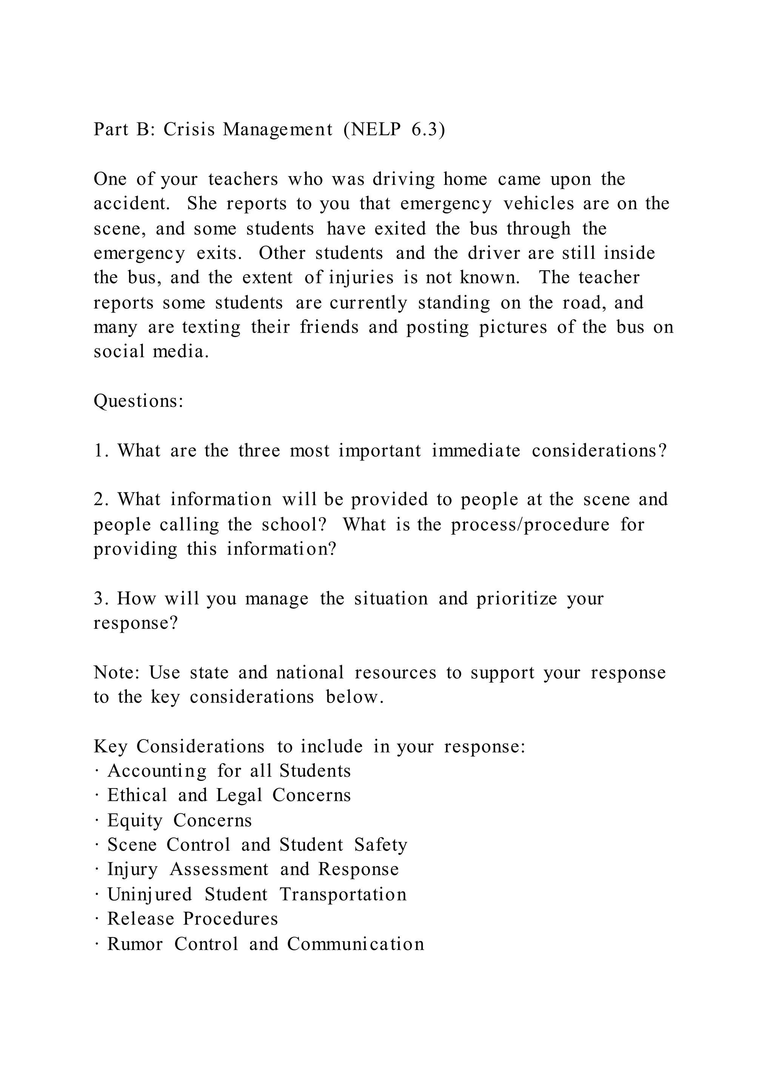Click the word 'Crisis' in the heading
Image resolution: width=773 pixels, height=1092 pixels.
[x=189, y=129]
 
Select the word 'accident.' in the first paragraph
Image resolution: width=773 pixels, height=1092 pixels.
[x=132, y=204]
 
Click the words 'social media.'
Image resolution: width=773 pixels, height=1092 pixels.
[x=151, y=352]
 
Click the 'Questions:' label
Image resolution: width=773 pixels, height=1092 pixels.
[x=139, y=401]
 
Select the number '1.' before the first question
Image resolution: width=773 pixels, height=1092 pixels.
[x=100, y=450]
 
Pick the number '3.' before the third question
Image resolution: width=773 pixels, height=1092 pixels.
[x=101, y=599]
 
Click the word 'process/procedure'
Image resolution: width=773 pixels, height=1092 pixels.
[x=530, y=525]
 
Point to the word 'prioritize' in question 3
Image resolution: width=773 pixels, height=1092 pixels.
[x=516, y=599]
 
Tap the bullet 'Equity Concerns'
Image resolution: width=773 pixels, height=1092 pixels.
[x=179, y=821]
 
